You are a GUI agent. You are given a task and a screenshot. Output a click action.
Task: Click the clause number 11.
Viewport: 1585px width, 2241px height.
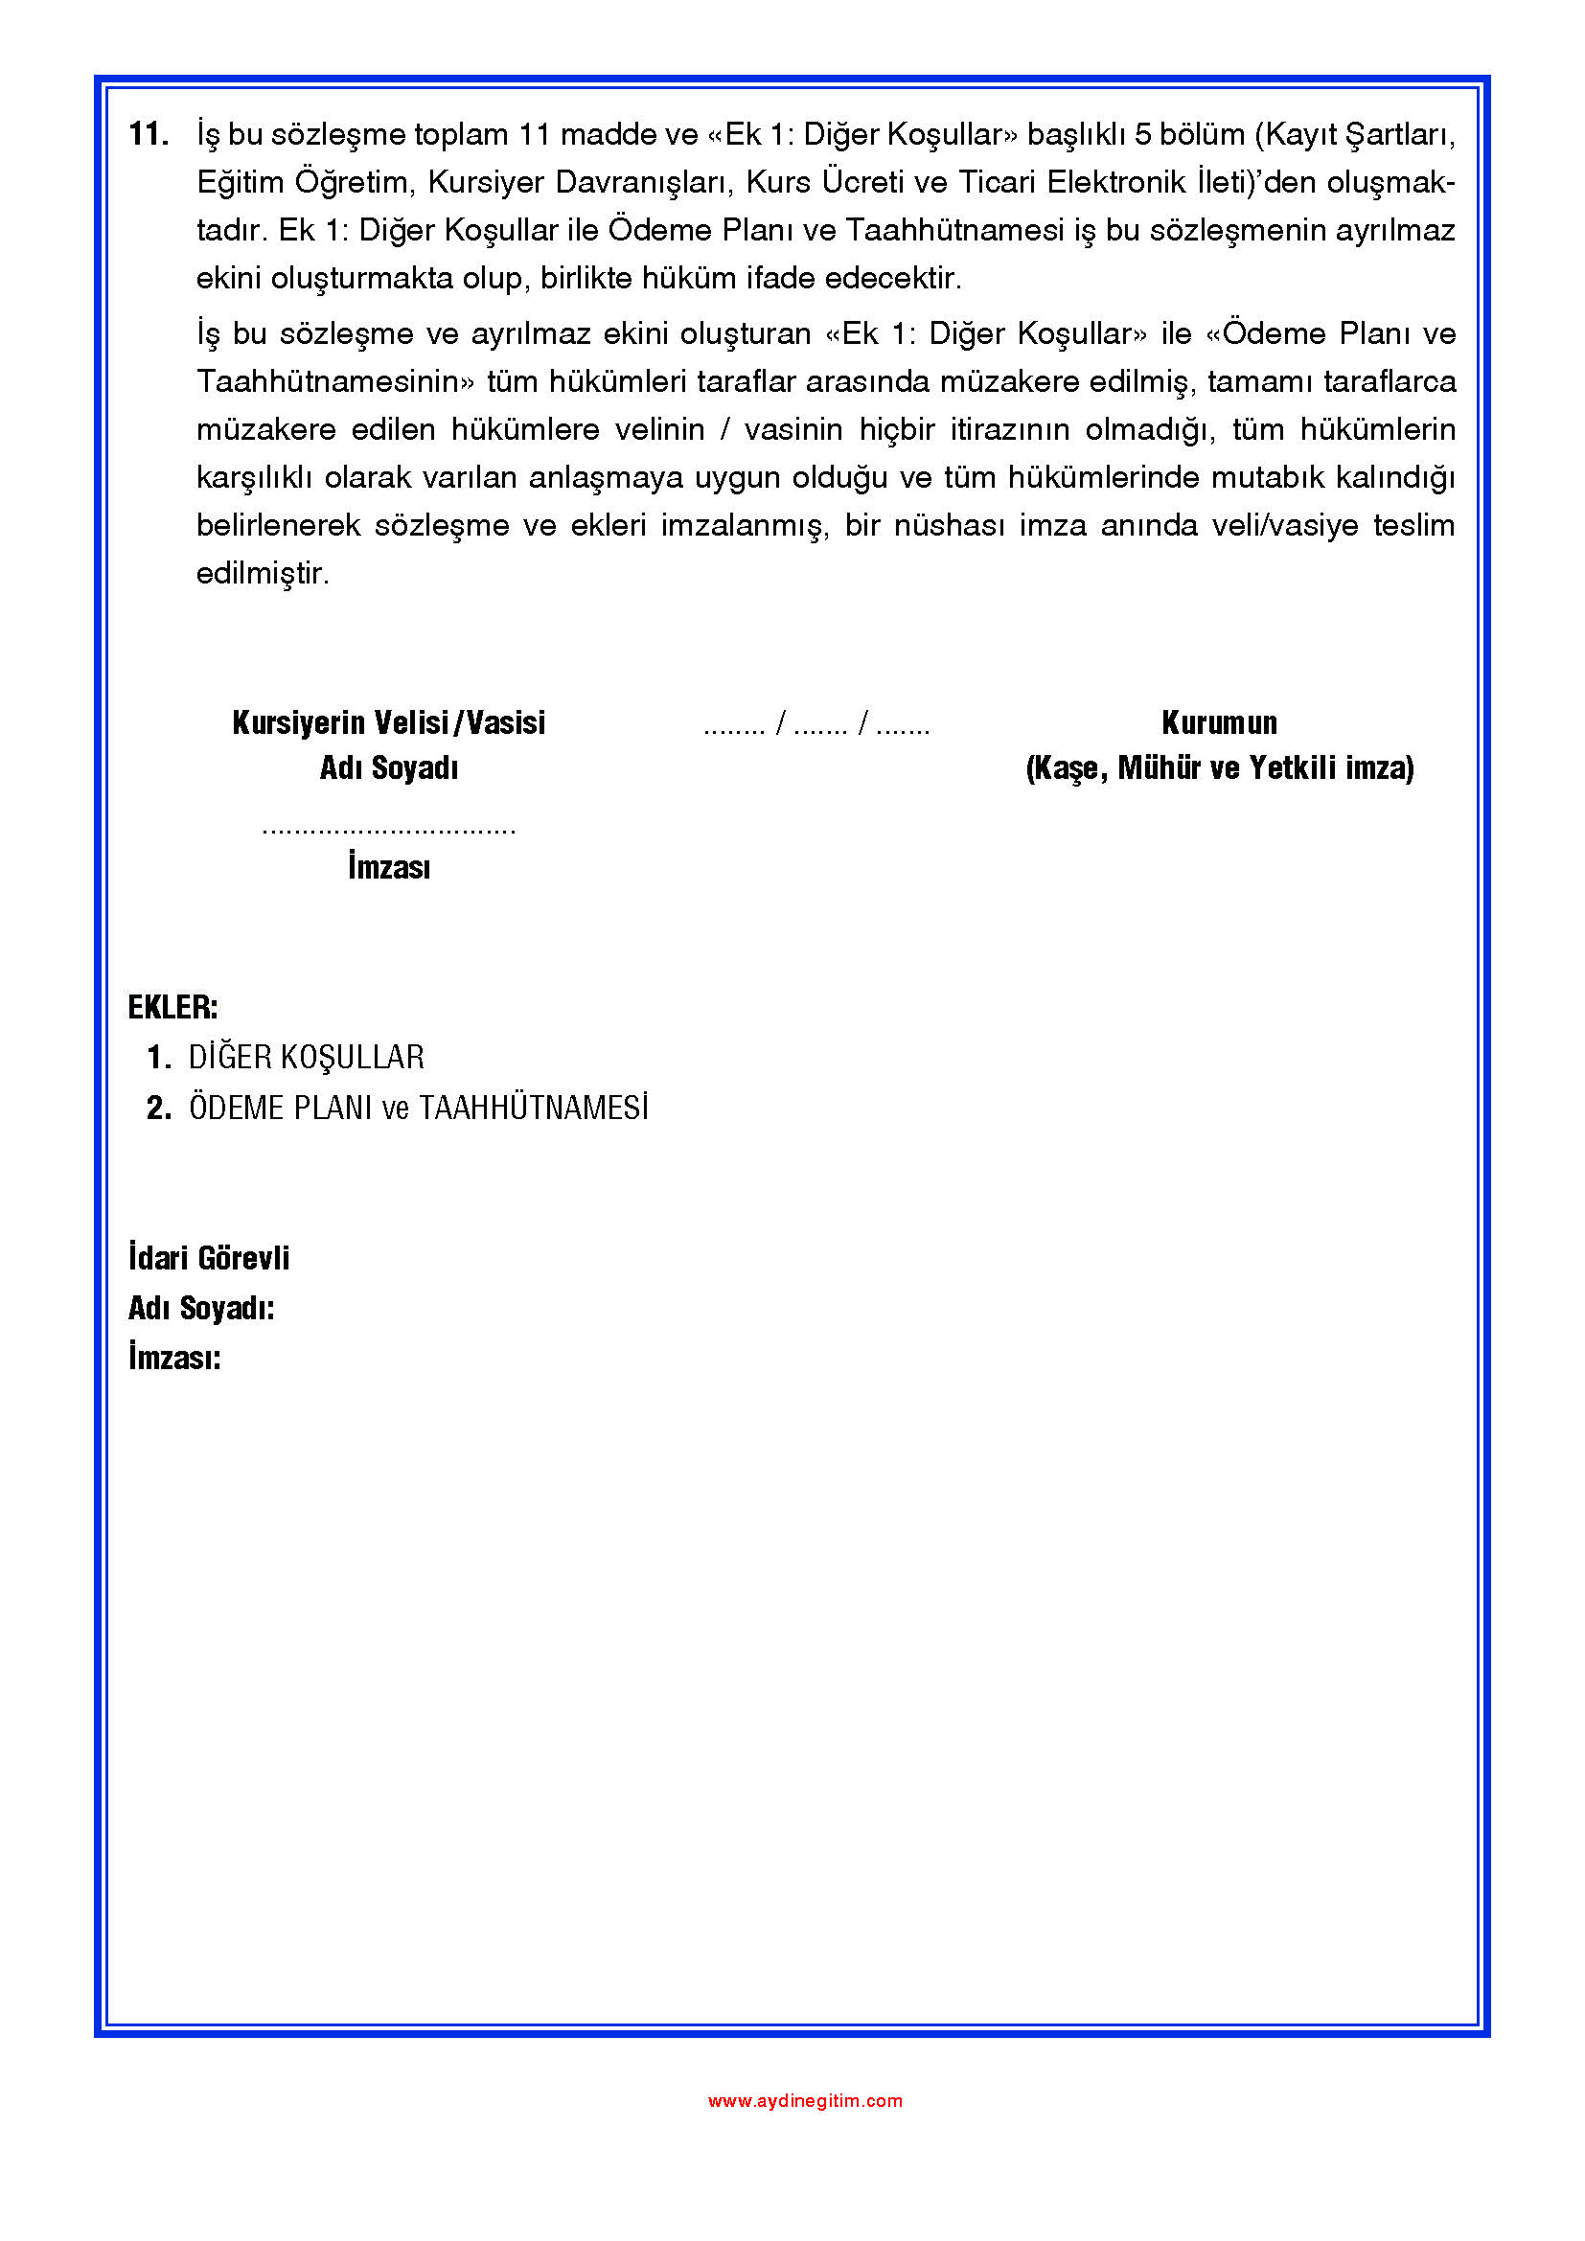pos(149,135)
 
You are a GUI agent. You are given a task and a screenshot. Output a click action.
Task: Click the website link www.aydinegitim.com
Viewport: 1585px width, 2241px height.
pos(804,2099)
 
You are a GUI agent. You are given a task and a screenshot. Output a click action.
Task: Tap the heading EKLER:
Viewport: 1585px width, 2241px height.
pos(172,1007)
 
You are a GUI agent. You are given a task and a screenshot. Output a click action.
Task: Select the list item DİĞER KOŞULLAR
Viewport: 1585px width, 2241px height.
pos(306,1057)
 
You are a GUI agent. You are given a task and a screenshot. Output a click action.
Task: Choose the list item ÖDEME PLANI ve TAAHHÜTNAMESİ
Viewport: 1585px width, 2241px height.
pos(418,1108)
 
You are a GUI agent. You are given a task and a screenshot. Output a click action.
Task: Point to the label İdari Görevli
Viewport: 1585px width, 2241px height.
pos(209,1258)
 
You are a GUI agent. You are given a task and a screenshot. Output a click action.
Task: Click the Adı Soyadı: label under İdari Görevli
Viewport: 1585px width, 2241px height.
pos(201,1308)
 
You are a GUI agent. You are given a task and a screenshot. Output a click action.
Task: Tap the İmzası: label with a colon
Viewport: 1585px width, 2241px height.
pos(174,1358)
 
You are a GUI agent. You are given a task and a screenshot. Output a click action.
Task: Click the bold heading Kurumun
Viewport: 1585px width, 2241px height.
pos(1219,723)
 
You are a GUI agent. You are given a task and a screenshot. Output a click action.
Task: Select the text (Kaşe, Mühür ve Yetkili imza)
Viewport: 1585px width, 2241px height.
pos(1219,769)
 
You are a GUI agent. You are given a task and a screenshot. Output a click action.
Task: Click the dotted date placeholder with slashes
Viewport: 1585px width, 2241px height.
pos(815,725)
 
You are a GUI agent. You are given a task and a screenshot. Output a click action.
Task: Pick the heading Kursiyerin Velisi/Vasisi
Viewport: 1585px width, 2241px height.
pos(388,723)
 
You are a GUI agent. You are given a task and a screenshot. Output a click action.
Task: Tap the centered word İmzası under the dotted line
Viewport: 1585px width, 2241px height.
pos(388,867)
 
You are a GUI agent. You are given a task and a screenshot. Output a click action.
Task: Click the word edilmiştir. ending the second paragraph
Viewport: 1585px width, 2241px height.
pos(263,574)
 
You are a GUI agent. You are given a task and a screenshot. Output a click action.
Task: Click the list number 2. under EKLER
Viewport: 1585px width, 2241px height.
pos(159,1108)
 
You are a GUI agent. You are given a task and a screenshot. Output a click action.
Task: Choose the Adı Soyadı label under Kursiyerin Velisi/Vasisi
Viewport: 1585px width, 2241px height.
pos(388,769)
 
